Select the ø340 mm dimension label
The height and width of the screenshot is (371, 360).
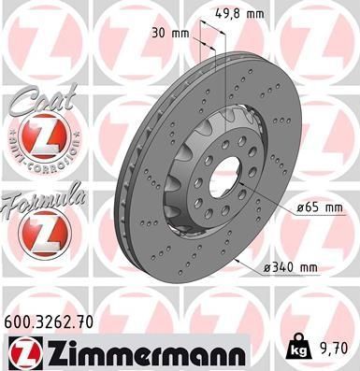click(x=292, y=269)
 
